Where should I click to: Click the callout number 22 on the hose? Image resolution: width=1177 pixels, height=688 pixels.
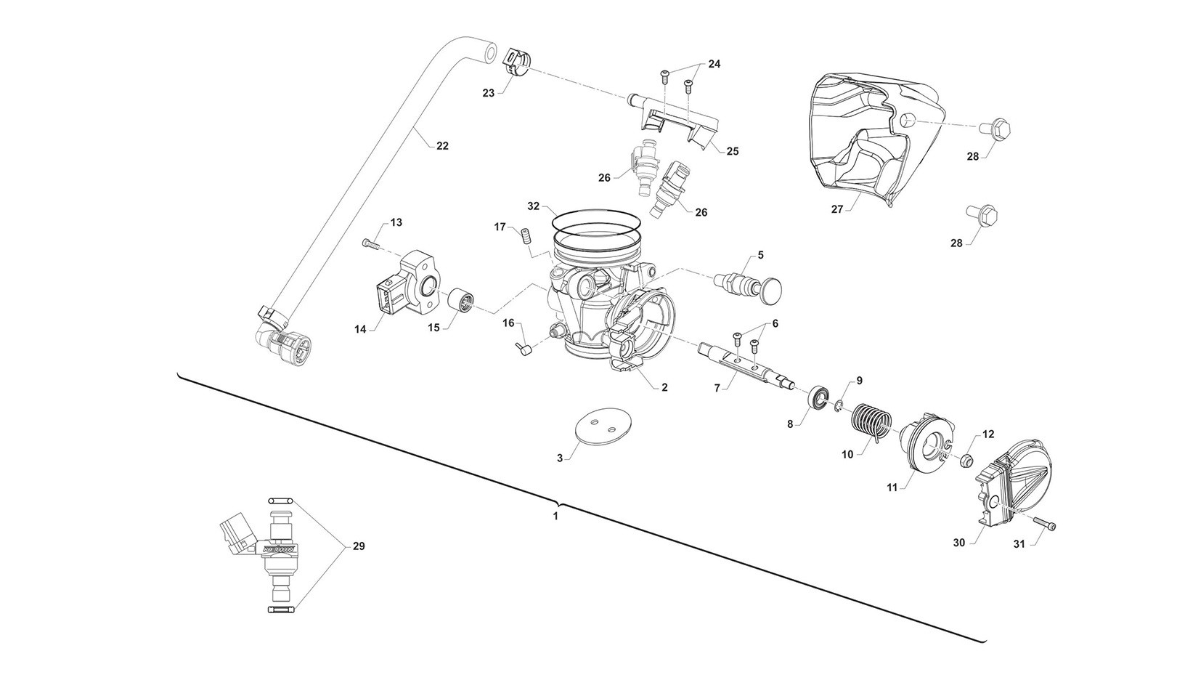click(442, 146)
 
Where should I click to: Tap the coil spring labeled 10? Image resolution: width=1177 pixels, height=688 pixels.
click(871, 421)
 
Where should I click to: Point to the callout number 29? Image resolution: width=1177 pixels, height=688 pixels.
click(358, 547)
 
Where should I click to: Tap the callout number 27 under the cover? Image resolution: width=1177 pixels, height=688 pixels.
click(837, 209)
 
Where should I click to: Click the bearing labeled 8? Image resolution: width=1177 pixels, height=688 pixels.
click(820, 398)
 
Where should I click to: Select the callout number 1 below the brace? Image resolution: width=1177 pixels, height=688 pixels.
click(555, 517)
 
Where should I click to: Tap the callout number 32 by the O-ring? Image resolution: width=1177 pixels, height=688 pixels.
click(534, 206)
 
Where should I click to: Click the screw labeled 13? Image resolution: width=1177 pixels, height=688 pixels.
click(372, 245)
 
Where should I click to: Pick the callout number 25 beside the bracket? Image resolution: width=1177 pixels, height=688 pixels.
click(732, 151)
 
